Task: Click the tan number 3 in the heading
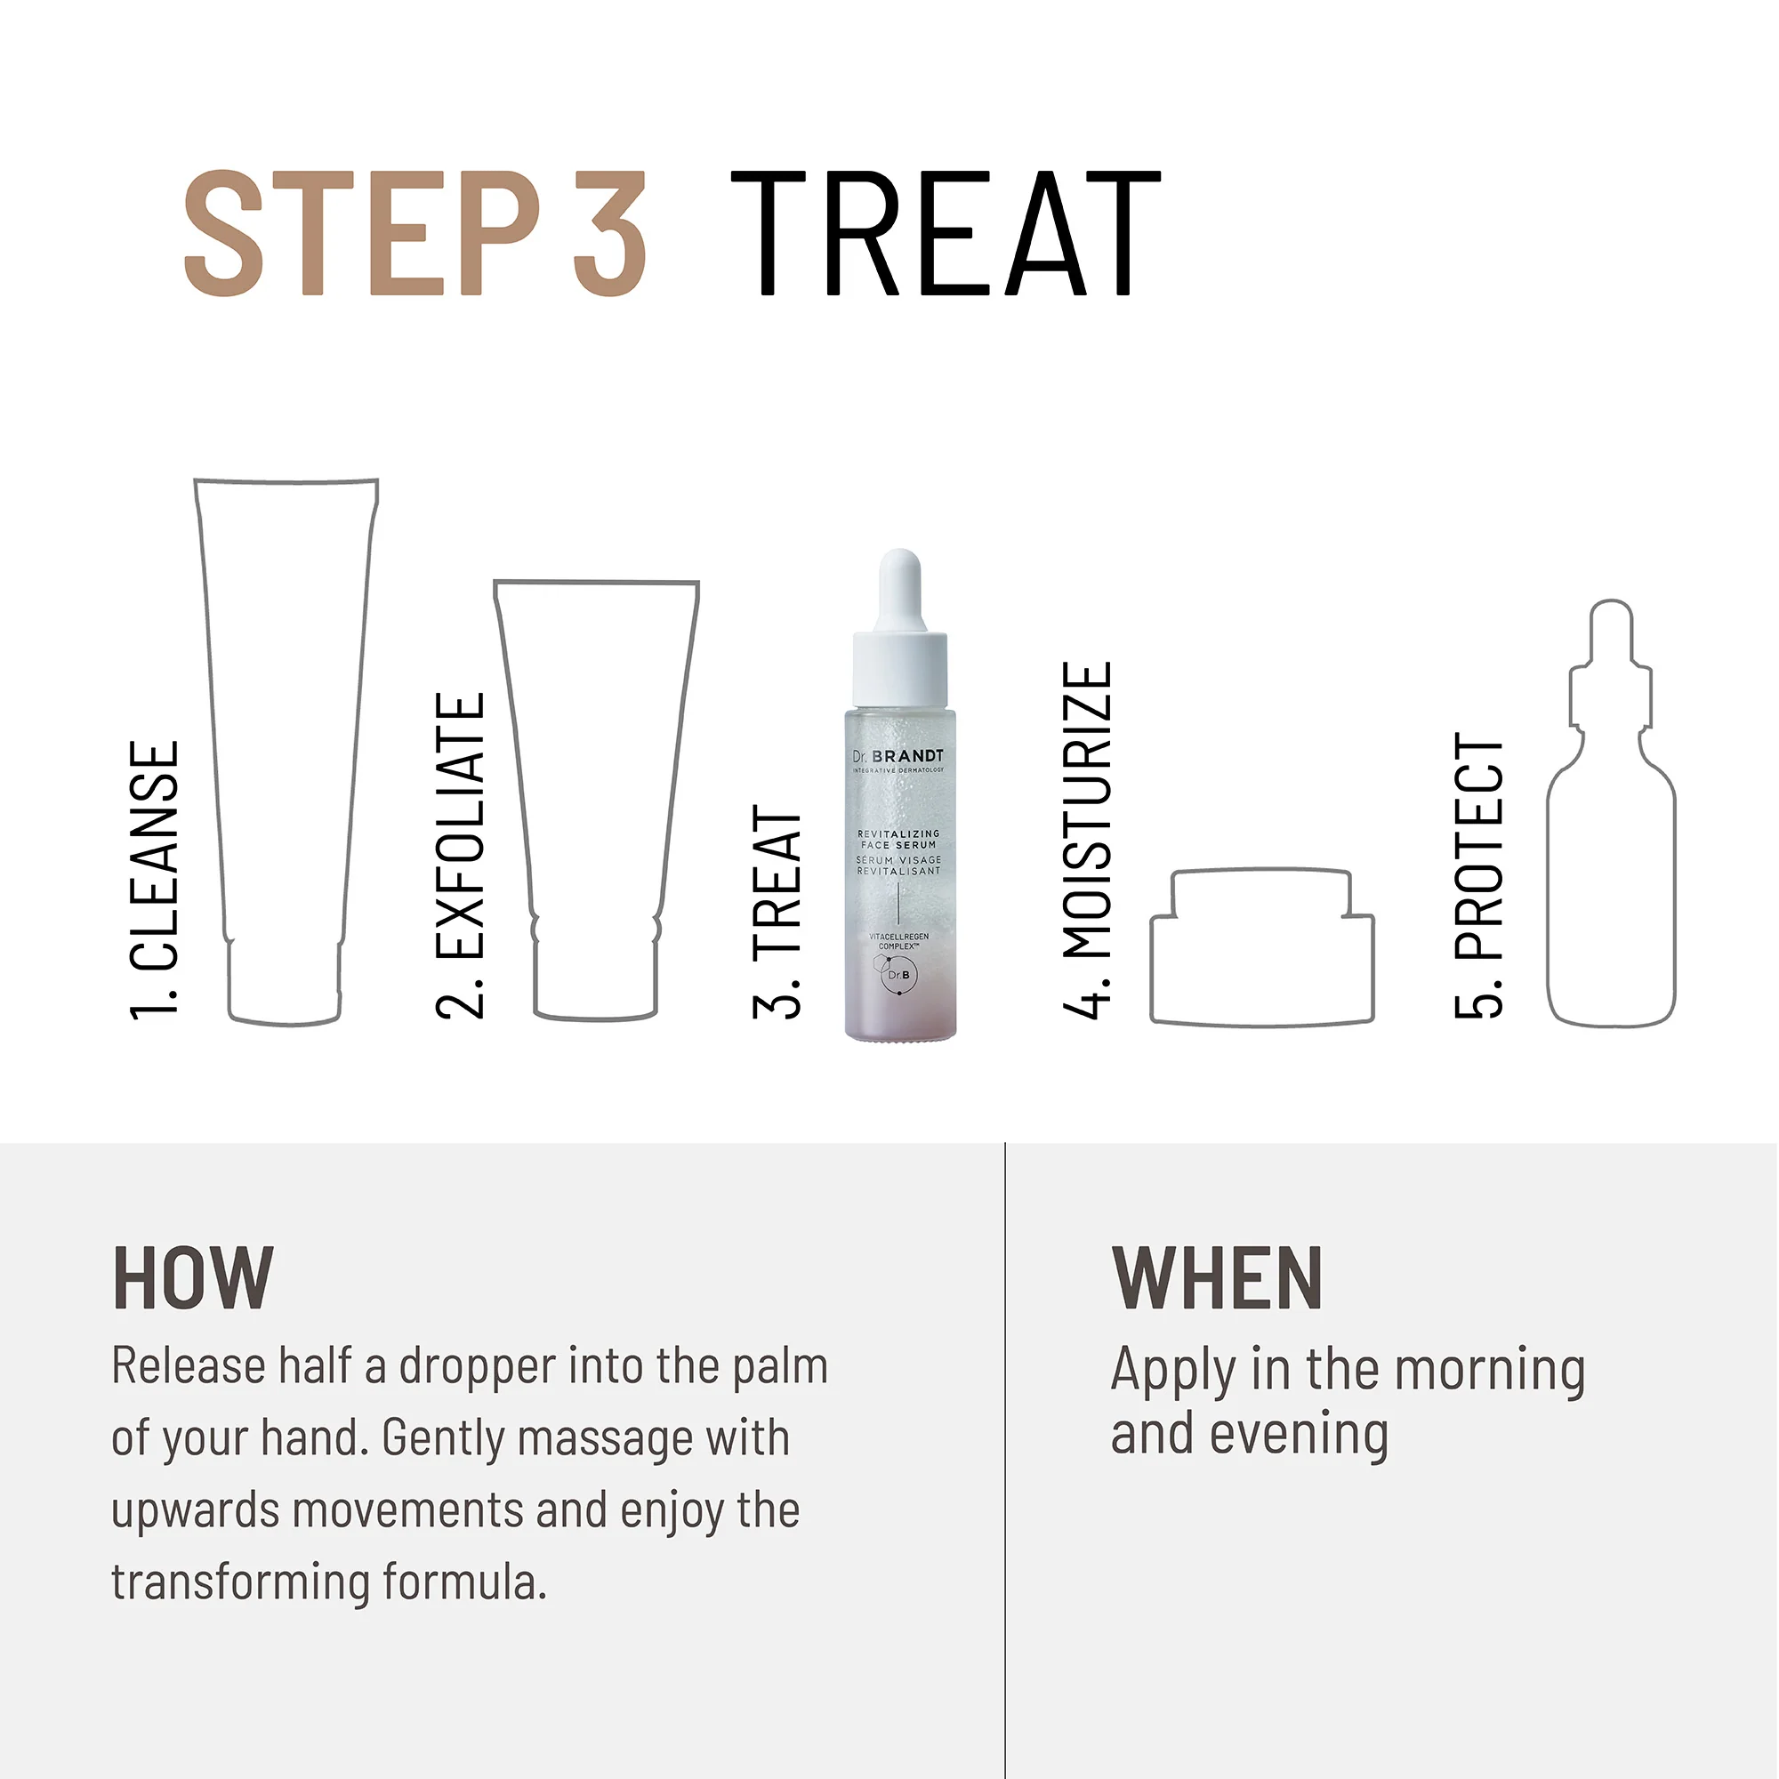609,234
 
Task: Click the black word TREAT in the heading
946,234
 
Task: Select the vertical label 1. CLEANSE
155,881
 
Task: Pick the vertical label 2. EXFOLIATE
460,856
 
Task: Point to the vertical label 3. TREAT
777,912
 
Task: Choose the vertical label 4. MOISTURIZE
1088,840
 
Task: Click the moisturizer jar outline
1261,947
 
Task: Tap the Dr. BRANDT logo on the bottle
898,756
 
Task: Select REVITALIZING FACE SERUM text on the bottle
898,839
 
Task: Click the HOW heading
192,1279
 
